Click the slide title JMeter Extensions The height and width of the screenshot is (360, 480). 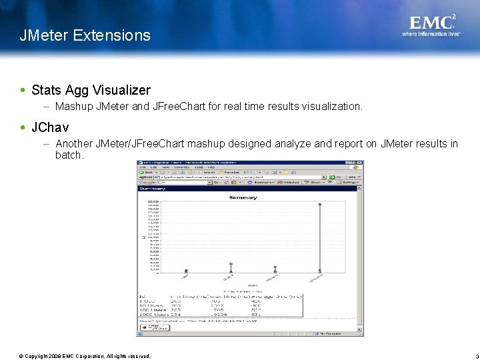click(x=85, y=35)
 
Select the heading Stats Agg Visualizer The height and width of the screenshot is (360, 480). click(x=91, y=90)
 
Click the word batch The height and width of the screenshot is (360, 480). click(x=69, y=155)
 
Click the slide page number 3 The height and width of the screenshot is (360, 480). click(x=468, y=357)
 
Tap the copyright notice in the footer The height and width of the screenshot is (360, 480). click(x=85, y=356)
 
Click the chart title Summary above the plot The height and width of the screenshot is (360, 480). click(x=243, y=197)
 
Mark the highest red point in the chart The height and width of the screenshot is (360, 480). click(x=320, y=205)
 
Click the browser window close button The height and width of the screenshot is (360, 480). click(x=361, y=163)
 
